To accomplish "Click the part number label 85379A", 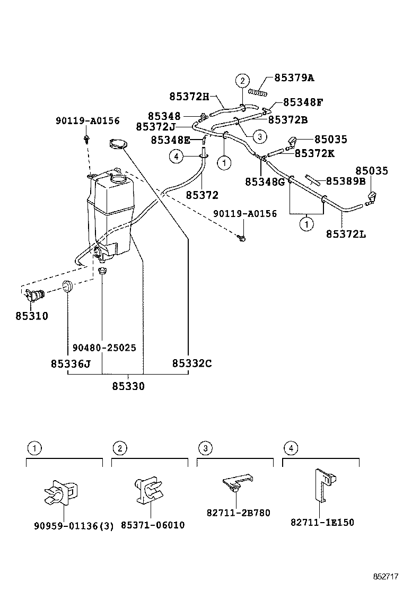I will (294, 78).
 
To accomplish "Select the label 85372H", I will (189, 97).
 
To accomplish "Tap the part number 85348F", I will (303, 102).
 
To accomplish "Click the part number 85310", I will (32, 316).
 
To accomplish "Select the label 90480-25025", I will (101, 348).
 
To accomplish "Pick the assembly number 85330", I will (128, 386).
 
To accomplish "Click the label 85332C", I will (191, 363).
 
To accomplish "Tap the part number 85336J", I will (71, 363).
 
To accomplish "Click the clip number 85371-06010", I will (153, 525).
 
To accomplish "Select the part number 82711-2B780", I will (238, 513).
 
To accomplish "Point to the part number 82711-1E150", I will (322, 522).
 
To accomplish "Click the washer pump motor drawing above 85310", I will (34, 295).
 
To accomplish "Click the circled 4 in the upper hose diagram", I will (177, 156).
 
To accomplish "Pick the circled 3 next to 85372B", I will (259, 136).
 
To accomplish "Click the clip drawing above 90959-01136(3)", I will (60, 493).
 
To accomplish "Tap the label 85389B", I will (346, 181).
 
